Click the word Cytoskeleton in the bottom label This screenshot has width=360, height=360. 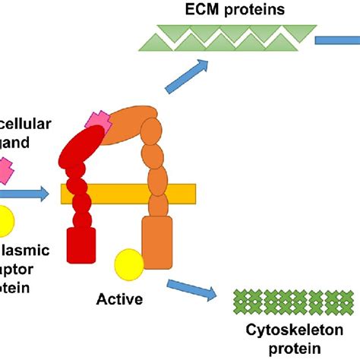point(289,332)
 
